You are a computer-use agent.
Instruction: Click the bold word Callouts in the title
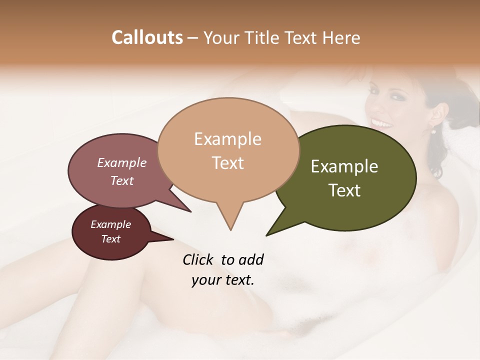pos(147,37)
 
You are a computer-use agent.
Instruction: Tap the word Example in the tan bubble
pos(227,139)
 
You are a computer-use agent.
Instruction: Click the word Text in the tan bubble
pos(227,162)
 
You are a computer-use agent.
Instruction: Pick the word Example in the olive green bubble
pos(344,166)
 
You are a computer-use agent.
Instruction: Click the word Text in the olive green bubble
pos(344,190)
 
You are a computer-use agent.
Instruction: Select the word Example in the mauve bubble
pos(121,162)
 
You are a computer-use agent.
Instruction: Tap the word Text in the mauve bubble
pos(121,180)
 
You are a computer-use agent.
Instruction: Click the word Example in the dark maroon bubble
pos(110,224)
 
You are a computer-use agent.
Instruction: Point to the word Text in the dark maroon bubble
pos(110,239)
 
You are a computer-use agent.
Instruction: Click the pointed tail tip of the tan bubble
pos(230,230)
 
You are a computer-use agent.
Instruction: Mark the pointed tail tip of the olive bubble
pos(266,235)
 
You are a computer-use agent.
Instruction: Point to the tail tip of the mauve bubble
pos(190,211)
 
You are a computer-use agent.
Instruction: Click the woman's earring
pos(433,131)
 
